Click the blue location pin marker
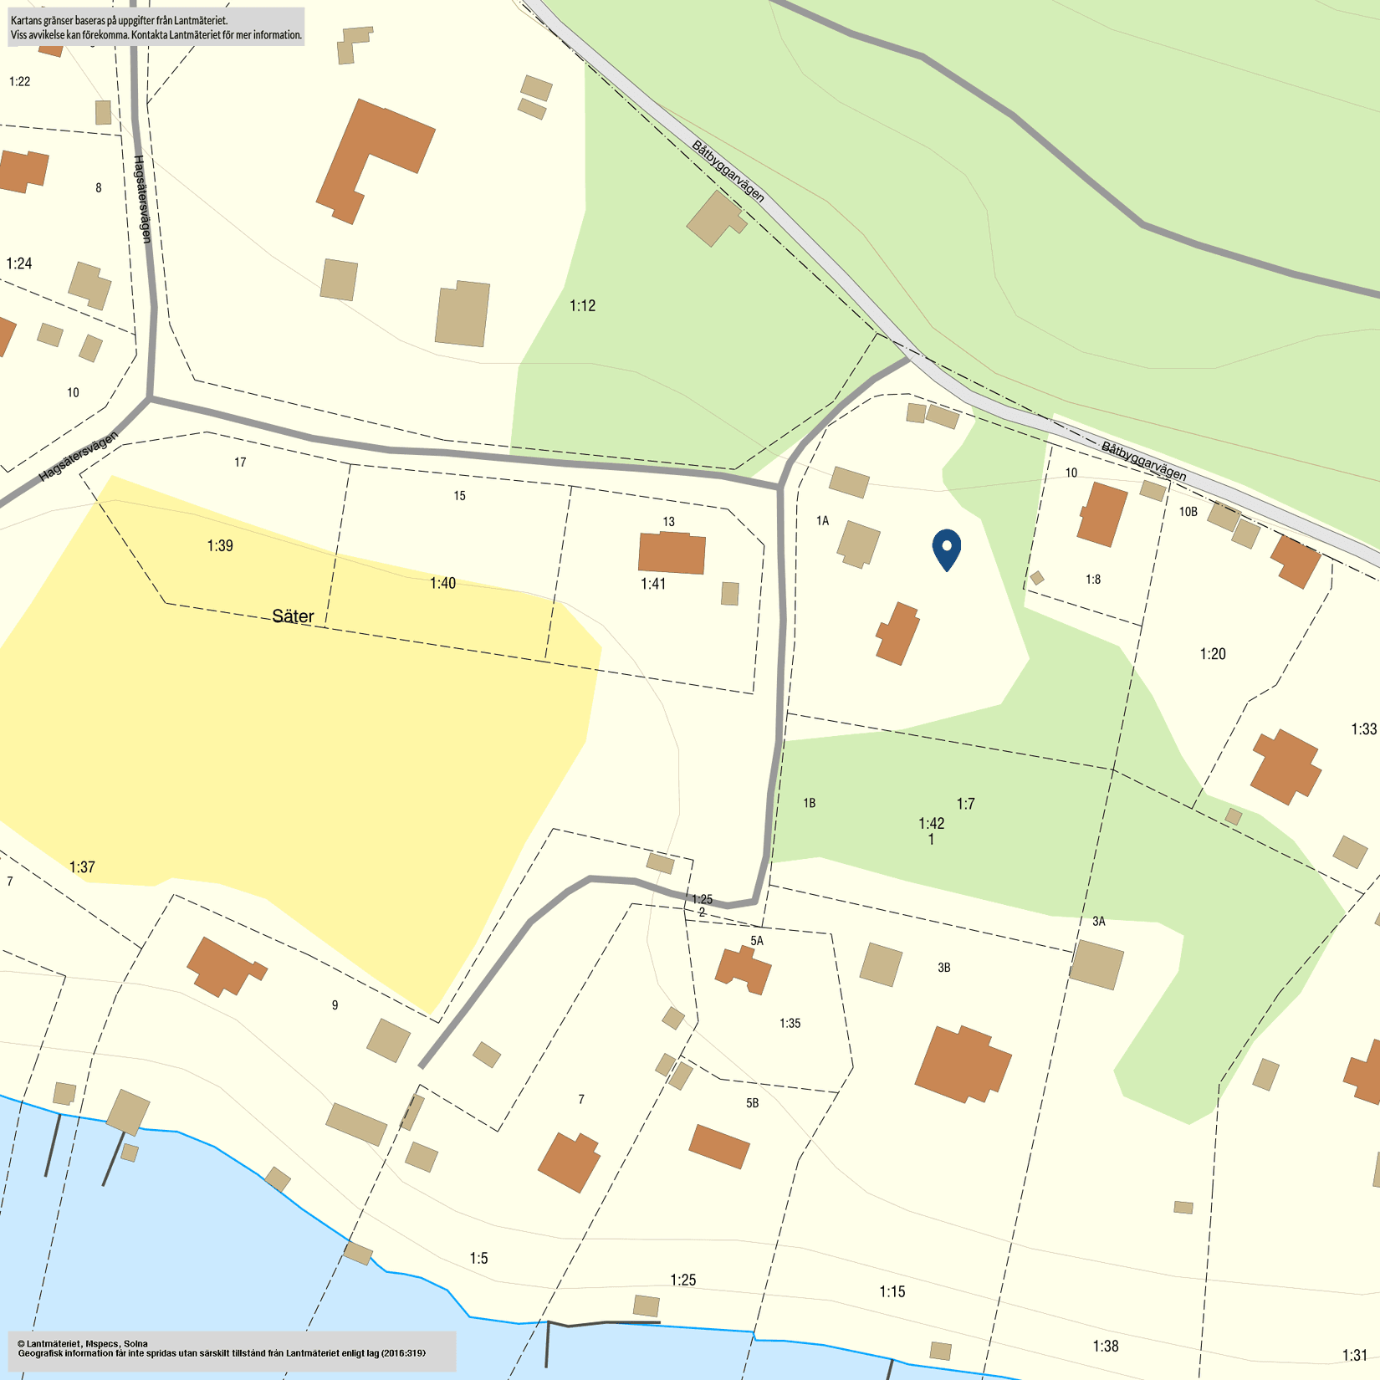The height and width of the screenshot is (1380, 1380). tap(947, 549)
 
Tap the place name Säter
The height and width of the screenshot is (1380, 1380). tap(293, 616)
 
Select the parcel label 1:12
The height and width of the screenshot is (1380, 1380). tap(582, 306)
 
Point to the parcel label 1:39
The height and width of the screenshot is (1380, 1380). tap(220, 546)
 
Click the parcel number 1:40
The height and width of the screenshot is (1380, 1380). tap(442, 583)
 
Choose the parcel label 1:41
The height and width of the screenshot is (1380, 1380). tap(652, 584)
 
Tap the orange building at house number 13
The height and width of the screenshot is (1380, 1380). tap(672, 553)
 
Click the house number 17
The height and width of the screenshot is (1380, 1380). tap(240, 463)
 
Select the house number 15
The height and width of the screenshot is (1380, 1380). tap(459, 496)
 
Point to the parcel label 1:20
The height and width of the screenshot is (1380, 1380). tap(1212, 654)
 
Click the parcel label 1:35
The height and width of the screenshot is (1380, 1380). tap(790, 1023)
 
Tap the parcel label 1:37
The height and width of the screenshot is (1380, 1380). tap(82, 867)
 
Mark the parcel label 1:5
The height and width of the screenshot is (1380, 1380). tap(478, 1258)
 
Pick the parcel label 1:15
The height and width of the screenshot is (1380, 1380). tap(892, 1291)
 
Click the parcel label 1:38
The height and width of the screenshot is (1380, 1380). tap(1105, 1346)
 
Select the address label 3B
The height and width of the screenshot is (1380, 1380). tap(943, 968)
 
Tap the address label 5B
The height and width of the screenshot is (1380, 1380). tap(752, 1103)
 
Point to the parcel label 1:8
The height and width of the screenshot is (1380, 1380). tap(1093, 580)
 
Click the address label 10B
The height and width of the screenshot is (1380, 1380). tap(1188, 512)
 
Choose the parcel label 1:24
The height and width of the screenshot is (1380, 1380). tap(19, 264)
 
